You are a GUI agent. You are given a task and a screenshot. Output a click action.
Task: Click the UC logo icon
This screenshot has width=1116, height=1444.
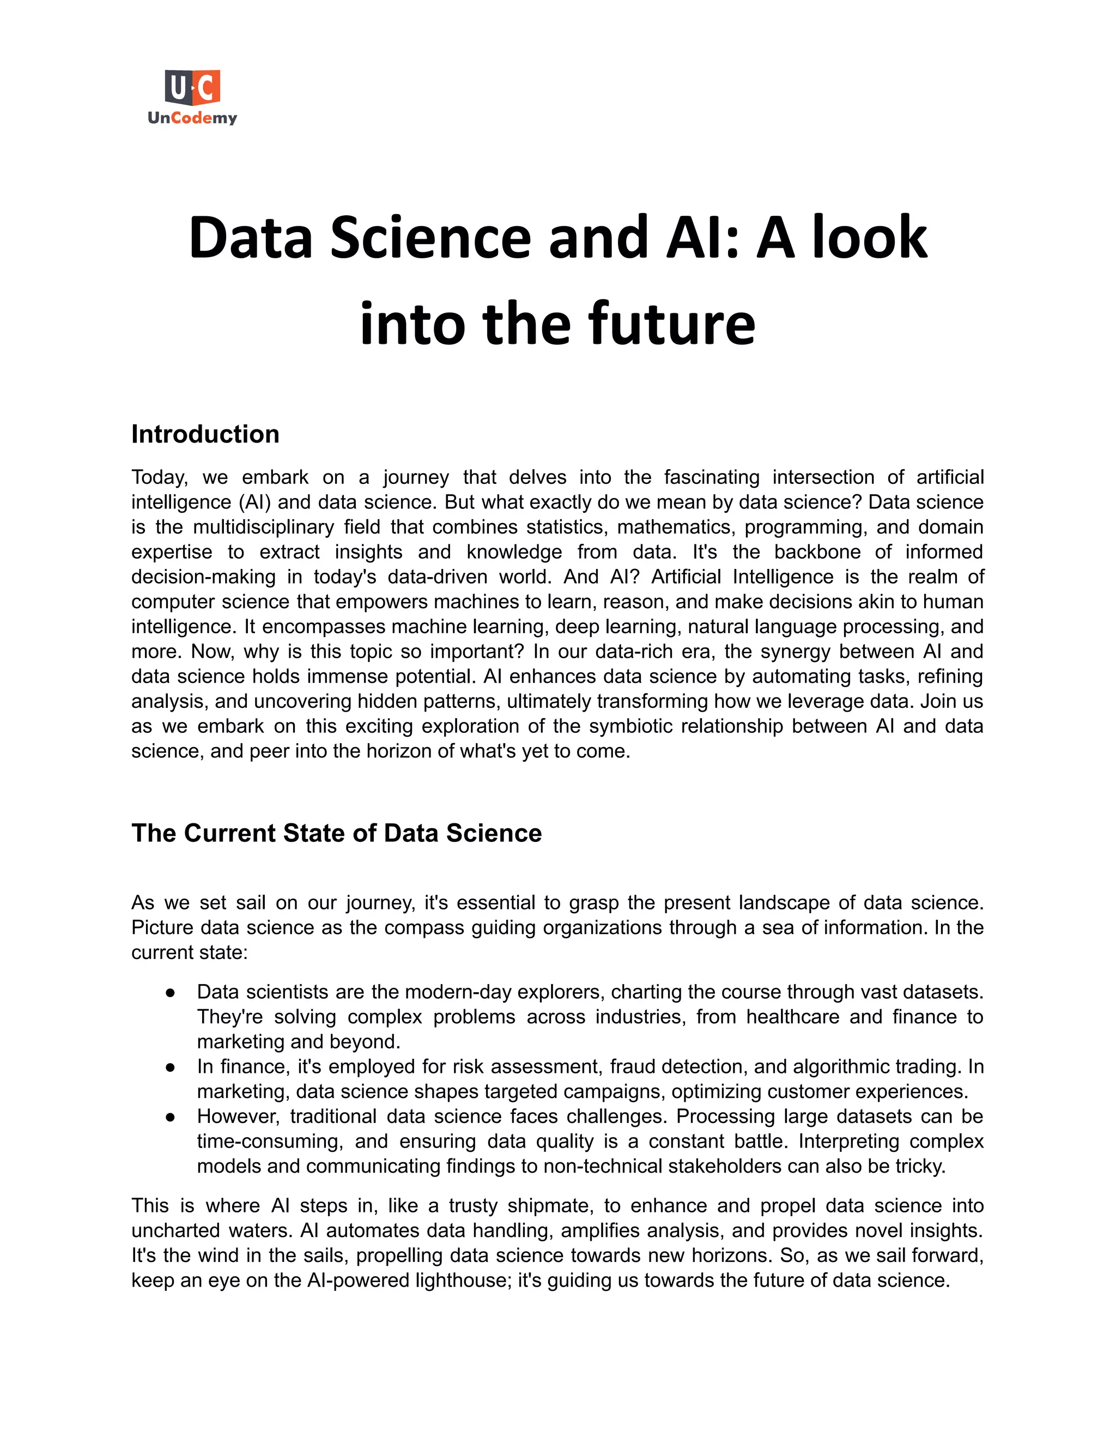192,87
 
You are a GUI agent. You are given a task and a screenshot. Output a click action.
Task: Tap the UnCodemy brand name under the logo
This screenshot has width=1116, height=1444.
192,118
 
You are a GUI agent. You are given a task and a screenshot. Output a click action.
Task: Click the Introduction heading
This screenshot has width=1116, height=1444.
205,434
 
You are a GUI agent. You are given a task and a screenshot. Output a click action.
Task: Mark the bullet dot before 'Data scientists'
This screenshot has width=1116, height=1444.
170,992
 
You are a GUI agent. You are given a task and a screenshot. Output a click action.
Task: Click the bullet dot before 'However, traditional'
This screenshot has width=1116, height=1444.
170,1117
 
